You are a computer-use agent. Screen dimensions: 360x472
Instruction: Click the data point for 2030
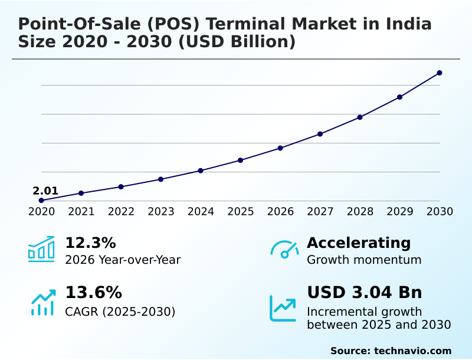point(440,73)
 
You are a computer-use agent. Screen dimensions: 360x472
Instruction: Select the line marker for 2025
point(241,160)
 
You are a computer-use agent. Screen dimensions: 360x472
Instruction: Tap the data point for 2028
point(360,117)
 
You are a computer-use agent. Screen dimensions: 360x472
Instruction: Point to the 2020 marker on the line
point(41,201)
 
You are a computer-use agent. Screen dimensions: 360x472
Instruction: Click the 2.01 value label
point(45,191)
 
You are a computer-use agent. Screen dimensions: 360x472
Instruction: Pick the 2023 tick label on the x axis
point(161,212)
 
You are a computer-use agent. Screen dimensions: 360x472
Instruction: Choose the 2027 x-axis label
point(320,212)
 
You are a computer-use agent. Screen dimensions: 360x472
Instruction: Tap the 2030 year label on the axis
point(440,212)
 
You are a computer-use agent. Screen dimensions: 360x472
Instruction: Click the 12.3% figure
point(90,243)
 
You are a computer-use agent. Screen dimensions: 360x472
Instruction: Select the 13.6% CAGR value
point(93,293)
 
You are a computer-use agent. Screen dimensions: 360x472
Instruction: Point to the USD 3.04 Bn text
point(365,293)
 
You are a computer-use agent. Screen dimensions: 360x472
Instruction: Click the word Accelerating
point(359,243)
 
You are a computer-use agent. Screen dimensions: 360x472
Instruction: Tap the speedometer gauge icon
point(284,249)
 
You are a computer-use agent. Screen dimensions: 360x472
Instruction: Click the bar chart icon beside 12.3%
point(41,249)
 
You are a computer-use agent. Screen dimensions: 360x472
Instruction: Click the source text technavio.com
point(412,351)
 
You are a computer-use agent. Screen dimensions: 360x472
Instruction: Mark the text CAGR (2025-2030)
point(120,312)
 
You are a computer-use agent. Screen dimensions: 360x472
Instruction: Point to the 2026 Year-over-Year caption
point(123,260)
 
